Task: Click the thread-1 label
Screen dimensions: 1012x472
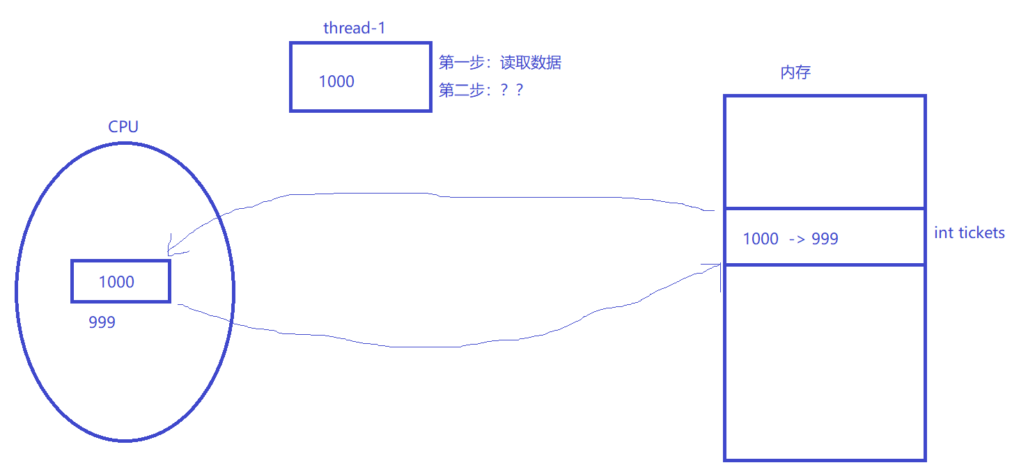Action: click(355, 28)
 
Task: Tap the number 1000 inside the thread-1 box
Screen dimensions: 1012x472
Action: click(336, 81)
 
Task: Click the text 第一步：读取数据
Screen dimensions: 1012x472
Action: click(499, 63)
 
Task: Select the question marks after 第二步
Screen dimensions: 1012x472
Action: click(512, 90)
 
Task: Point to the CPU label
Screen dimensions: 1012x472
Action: click(123, 127)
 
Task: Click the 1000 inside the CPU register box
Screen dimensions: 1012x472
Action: click(116, 282)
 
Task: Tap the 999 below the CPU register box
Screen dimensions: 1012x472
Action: click(102, 322)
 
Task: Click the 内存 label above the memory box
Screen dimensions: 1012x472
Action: click(795, 73)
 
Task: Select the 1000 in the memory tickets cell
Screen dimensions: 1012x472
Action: click(761, 239)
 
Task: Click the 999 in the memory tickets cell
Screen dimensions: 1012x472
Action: click(825, 239)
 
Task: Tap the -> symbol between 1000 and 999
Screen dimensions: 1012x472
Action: click(796, 239)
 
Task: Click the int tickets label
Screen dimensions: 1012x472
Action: click(969, 233)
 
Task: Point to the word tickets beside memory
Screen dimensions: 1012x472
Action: click(979, 233)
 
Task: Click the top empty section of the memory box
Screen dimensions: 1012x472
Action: click(825, 152)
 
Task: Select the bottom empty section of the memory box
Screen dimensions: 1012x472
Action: click(825, 362)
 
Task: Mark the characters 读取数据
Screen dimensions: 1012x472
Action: click(531, 63)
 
